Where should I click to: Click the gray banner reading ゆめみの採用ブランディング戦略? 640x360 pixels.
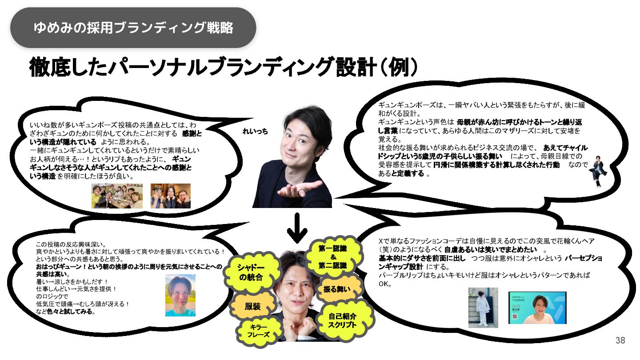pyautogui.click(x=133, y=28)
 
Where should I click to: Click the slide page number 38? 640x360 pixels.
pyautogui.click(x=620, y=341)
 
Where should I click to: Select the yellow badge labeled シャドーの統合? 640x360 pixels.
pyautogui.click(x=251, y=272)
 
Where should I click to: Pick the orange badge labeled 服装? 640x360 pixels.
pyautogui.click(x=252, y=307)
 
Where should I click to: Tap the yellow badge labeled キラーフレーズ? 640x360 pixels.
pyautogui.click(x=258, y=331)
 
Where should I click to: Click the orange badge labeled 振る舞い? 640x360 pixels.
pyautogui.click(x=336, y=289)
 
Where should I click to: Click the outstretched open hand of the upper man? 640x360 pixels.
pyautogui.click(x=302, y=189)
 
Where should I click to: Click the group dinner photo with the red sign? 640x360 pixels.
pyautogui.click(x=117, y=196)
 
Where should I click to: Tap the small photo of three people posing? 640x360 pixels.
pyautogui.click(x=170, y=196)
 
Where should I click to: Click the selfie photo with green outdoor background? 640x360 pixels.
pyautogui.click(x=180, y=295)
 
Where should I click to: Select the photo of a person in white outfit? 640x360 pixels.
pyautogui.click(x=483, y=308)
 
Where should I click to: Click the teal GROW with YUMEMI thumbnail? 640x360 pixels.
pyautogui.click(x=537, y=308)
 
